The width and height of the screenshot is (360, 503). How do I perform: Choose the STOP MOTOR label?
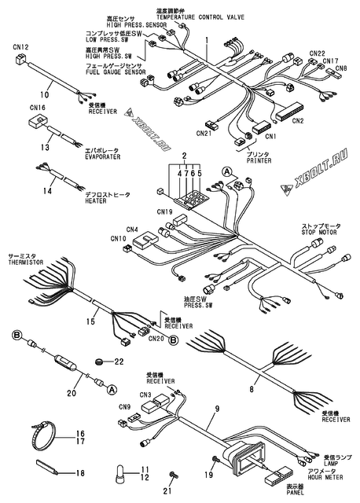coord(319,233)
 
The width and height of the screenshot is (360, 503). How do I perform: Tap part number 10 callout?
coord(45,94)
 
